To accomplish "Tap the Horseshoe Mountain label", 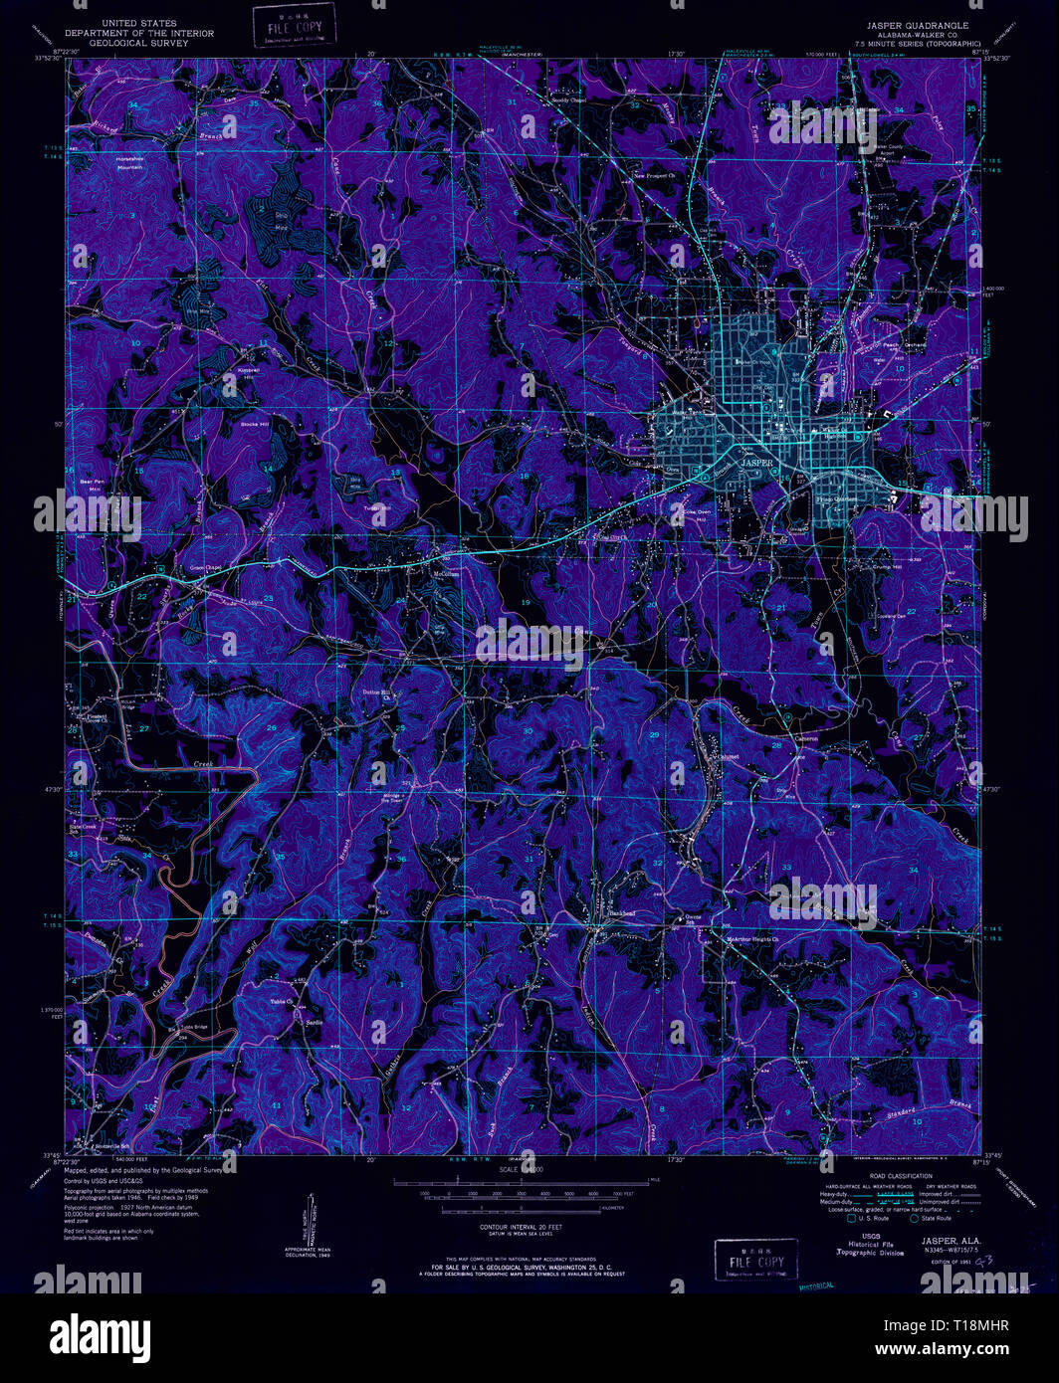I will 130,162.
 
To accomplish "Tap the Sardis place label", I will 316,1023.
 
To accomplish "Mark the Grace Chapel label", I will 206,568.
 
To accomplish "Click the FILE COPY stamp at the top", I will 295,27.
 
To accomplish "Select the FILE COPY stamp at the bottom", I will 755,1261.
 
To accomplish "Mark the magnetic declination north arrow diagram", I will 310,1220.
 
